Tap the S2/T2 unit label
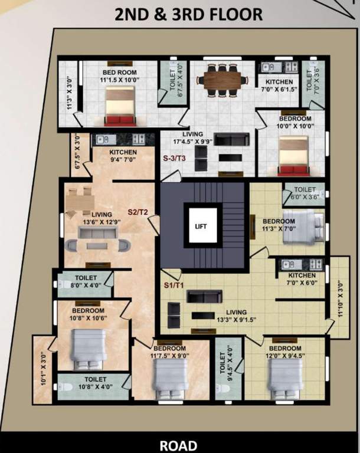click(138, 211)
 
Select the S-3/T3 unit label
click(175, 159)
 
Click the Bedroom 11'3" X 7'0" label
click(279, 225)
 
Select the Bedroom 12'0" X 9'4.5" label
click(285, 352)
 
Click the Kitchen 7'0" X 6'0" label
click(302, 279)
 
